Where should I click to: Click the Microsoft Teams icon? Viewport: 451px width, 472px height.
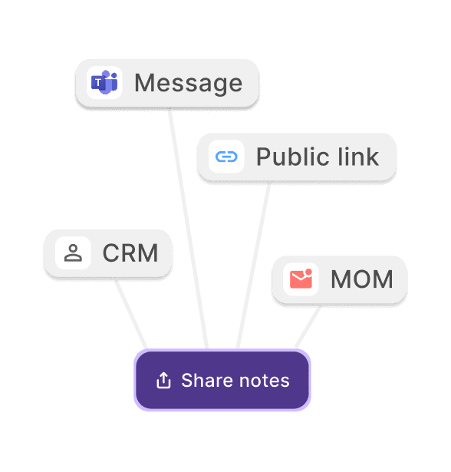(104, 82)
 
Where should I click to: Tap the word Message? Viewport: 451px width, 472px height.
(189, 84)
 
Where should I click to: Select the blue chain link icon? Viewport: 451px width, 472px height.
(226, 157)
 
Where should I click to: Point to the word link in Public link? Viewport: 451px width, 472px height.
(358, 156)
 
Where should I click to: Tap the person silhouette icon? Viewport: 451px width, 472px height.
(73, 253)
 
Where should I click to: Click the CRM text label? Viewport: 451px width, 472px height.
(130, 253)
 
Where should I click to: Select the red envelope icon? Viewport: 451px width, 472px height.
(301, 279)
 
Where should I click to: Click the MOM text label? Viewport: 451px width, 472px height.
(361, 279)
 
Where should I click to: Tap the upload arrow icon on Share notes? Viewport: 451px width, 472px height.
(163, 380)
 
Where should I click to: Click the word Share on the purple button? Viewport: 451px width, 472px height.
(207, 380)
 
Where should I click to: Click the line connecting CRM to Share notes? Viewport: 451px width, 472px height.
(131, 315)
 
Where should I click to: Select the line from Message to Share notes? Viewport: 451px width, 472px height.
(188, 228)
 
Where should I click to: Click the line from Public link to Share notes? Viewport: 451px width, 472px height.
(253, 266)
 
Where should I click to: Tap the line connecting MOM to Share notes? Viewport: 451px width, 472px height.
(307, 327)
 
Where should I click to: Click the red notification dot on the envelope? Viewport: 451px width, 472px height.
(308, 272)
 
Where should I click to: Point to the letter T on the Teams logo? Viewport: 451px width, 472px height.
(97, 82)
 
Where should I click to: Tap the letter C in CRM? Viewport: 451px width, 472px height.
(111, 253)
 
